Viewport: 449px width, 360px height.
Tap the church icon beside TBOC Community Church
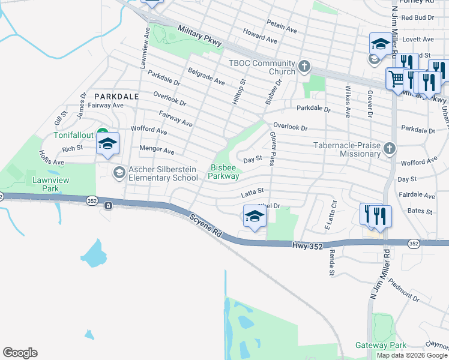304,65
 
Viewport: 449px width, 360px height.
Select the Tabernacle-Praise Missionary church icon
390,148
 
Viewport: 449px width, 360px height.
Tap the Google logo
20,353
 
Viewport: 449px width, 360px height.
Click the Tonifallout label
74,135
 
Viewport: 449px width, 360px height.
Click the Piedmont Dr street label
403,290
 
